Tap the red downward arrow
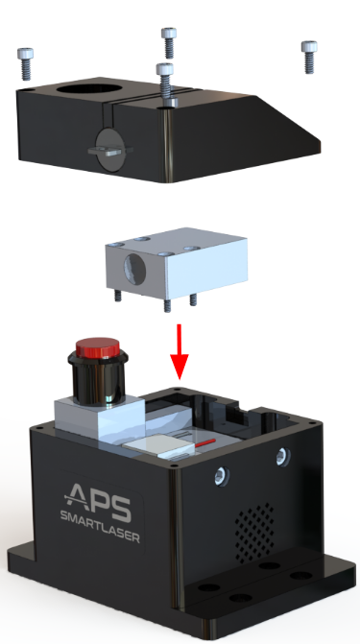click(x=179, y=354)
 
